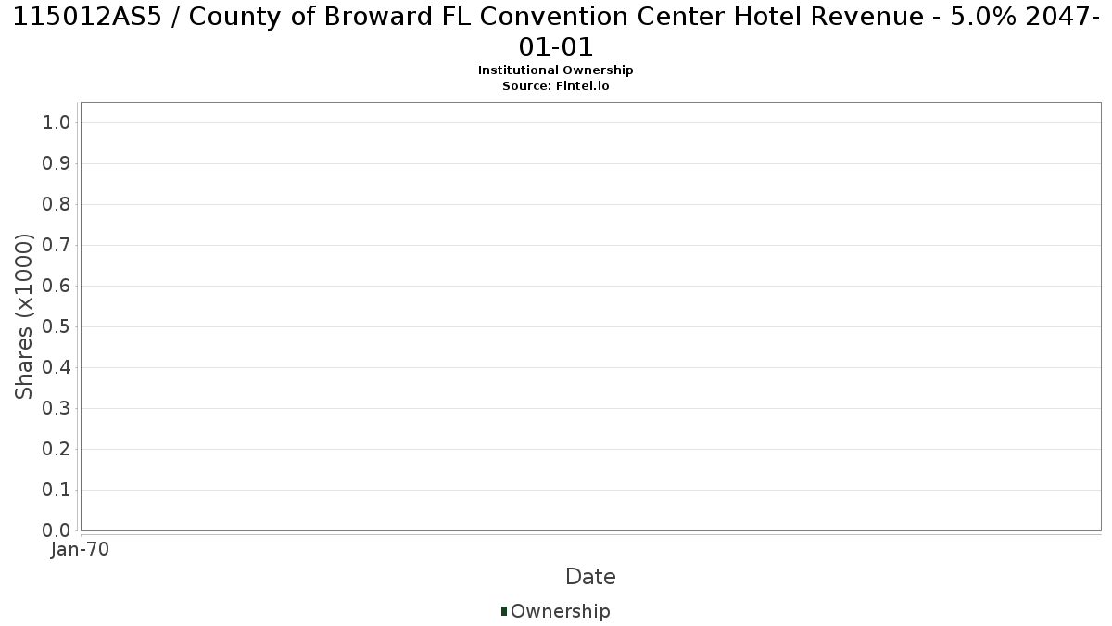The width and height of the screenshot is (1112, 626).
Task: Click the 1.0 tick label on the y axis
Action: click(x=57, y=122)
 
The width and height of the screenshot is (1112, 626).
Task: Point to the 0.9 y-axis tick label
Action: click(x=57, y=163)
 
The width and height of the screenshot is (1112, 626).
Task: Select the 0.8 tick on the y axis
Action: click(x=57, y=204)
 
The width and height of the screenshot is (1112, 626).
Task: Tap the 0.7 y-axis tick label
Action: click(x=57, y=245)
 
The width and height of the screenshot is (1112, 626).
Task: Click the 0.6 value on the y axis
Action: click(x=57, y=286)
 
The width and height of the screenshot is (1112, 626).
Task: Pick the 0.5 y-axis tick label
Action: click(x=57, y=326)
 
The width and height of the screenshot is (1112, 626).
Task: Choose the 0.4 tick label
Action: click(x=57, y=367)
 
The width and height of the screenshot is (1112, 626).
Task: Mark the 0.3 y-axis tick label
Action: click(x=57, y=408)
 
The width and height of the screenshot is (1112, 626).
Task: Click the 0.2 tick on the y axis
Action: click(x=57, y=449)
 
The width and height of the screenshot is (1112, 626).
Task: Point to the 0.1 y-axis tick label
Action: click(x=57, y=490)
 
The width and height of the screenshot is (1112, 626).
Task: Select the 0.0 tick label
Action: click(x=57, y=530)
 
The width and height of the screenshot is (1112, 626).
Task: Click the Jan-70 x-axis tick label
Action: click(x=80, y=549)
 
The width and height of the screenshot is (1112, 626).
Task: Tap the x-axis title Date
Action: click(x=591, y=577)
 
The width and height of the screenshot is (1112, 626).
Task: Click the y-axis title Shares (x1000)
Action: click(x=23, y=316)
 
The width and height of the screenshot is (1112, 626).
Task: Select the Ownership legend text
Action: click(x=561, y=611)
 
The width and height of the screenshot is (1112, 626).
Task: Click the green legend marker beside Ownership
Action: click(x=504, y=611)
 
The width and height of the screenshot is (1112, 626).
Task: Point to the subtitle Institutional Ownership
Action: click(x=555, y=70)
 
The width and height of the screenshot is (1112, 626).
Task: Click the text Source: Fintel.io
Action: click(x=555, y=86)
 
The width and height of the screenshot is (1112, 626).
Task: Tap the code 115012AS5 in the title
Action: click(x=87, y=17)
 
